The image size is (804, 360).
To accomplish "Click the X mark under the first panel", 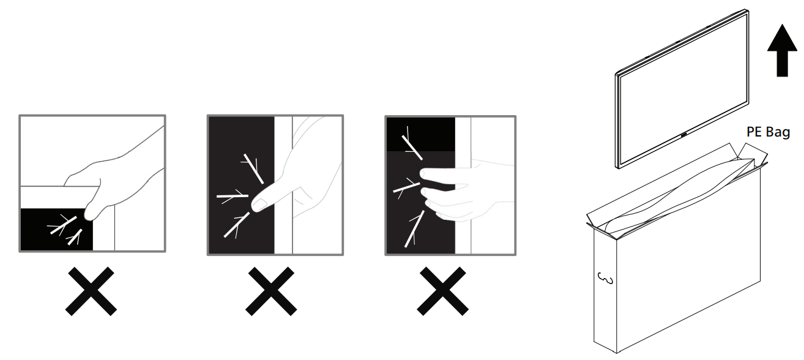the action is click(91, 291).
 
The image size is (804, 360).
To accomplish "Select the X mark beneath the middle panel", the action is click(271, 291).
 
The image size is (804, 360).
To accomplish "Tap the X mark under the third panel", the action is click(442, 291).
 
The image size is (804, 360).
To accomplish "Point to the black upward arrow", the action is click(782, 50).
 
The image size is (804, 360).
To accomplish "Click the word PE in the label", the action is click(754, 132).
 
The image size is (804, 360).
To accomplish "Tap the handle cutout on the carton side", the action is click(606, 279).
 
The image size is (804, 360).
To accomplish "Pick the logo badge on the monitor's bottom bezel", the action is click(683, 135).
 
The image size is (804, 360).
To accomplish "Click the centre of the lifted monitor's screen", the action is click(683, 88).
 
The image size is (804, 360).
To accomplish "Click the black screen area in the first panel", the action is click(56, 229).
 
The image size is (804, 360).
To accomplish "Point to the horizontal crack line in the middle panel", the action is click(233, 196).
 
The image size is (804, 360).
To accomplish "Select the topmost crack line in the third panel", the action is click(412, 147).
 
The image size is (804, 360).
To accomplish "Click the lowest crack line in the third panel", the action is click(415, 229).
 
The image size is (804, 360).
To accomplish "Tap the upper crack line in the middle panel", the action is click(254, 169).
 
